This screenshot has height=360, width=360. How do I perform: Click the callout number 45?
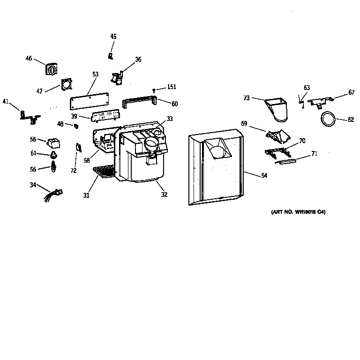pyautogui.click(x=113, y=36)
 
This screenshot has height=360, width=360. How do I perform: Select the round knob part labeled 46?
pyautogui.click(x=52, y=69)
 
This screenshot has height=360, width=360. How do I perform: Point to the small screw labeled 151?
pyautogui.click(x=154, y=90)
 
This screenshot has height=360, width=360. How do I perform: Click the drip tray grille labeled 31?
pyautogui.click(x=104, y=172)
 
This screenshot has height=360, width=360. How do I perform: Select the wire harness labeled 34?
pyautogui.click(x=53, y=192)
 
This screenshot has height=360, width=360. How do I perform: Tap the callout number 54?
pyautogui.click(x=264, y=175)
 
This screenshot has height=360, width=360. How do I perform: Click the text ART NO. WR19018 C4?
pyautogui.click(x=298, y=212)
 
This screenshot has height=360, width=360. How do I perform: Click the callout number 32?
pyautogui.click(x=164, y=195)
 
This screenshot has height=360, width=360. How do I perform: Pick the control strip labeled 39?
pyautogui.click(x=106, y=116)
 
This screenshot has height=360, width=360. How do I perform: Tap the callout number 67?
pyautogui.click(x=351, y=93)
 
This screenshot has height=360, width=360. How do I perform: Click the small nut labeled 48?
pyautogui.click(x=75, y=125)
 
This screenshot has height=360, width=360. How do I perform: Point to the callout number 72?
pyautogui.click(x=74, y=171)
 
